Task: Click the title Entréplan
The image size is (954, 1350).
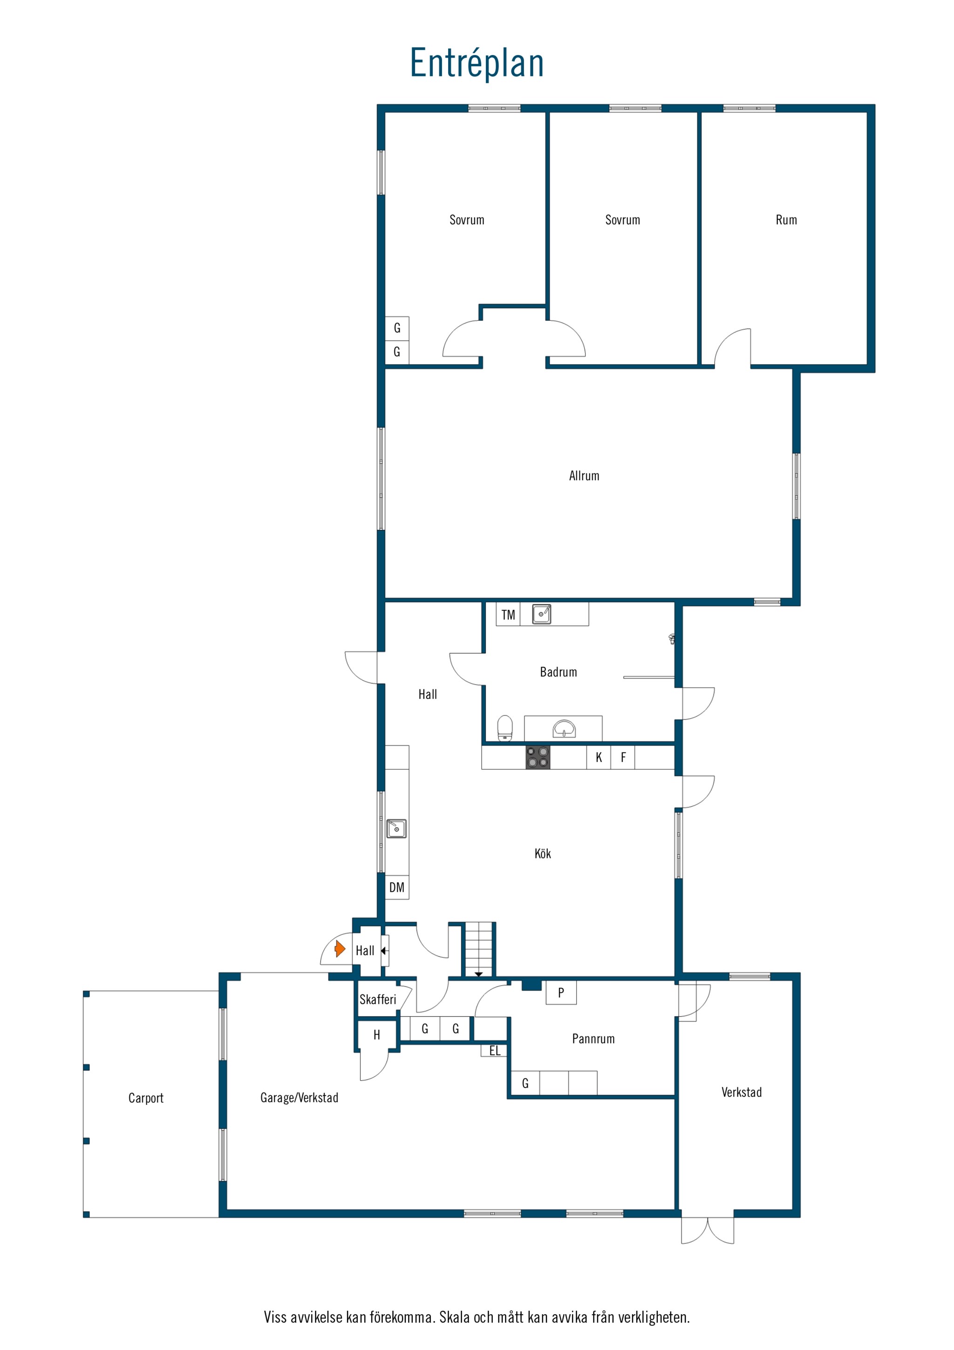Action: [x=477, y=63]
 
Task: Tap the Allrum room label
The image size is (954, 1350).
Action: [x=584, y=476]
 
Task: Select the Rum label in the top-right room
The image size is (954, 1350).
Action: [x=786, y=220]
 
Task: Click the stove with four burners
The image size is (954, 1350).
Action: [x=537, y=757]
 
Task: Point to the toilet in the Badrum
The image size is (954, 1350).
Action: [x=505, y=728]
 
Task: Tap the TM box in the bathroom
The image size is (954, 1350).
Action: [x=508, y=615]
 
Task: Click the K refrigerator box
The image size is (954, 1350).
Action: [x=599, y=757]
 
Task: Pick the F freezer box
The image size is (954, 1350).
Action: [x=623, y=757]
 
